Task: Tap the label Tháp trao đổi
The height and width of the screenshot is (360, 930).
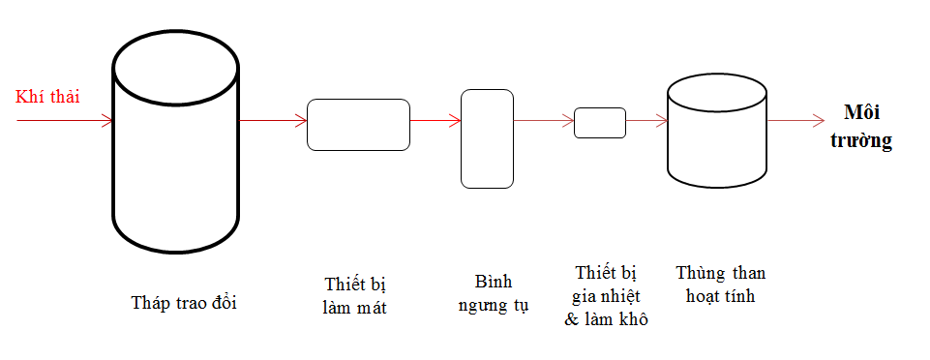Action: pyautogui.click(x=184, y=303)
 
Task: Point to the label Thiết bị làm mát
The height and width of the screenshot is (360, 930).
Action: pyautogui.click(x=355, y=295)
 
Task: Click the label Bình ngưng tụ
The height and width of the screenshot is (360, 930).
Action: pyautogui.click(x=494, y=293)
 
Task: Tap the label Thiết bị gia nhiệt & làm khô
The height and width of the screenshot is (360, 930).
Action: pyautogui.click(x=606, y=296)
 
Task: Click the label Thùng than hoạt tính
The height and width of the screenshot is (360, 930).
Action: pyautogui.click(x=721, y=285)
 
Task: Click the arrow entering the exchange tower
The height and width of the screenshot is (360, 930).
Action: pyautogui.click(x=65, y=120)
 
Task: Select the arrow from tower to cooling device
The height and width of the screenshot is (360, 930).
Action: pyautogui.click(x=273, y=120)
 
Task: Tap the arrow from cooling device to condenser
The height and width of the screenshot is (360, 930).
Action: pyautogui.click(x=435, y=120)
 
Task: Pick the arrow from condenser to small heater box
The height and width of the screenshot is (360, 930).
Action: pyautogui.click(x=544, y=120)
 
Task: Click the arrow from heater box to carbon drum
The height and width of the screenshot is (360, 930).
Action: pyautogui.click(x=646, y=120)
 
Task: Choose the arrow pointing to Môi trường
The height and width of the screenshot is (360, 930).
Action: pyautogui.click(x=796, y=120)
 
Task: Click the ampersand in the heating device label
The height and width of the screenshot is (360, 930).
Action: pyautogui.click(x=571, y=319)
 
